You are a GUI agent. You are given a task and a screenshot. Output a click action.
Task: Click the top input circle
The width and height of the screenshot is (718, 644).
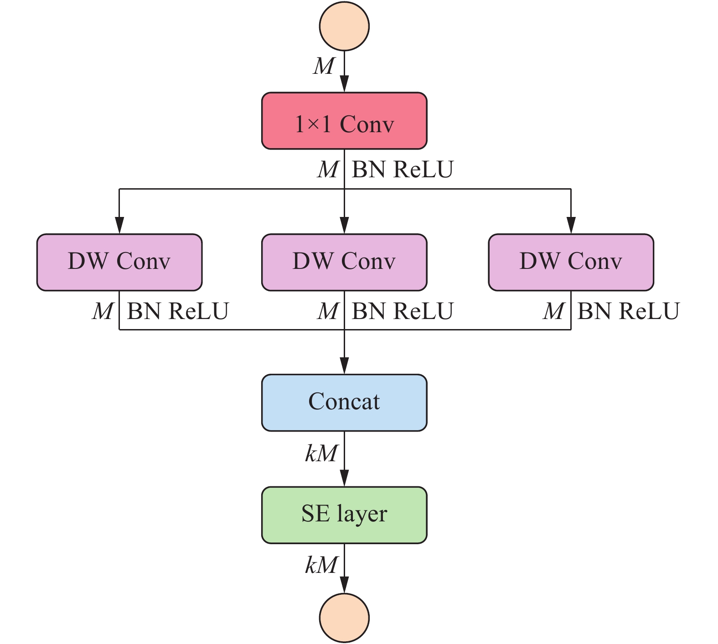[344, 26]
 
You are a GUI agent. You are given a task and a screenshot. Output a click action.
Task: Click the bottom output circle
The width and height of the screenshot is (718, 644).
[344, 618]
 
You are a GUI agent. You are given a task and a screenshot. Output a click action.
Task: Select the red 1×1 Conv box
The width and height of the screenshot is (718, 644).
[344, 121]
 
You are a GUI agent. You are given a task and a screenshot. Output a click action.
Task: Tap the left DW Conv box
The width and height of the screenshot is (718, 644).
[119, 263]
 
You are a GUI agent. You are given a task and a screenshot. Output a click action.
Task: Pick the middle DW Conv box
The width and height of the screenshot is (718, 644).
[344, 263]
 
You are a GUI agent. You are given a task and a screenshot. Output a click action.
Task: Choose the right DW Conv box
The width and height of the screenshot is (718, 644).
[571, 263]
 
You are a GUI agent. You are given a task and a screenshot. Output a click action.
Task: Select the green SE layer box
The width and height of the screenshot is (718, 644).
[344, 515]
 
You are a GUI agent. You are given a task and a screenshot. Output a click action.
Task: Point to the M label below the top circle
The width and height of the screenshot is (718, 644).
[324, 66]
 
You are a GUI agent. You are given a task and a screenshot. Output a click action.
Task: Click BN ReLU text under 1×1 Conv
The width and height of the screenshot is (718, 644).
[403, 170]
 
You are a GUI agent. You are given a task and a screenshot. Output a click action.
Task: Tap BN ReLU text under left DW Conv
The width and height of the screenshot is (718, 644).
[178, 311]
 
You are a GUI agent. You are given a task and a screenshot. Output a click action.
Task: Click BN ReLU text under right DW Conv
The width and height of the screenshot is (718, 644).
[629, 311]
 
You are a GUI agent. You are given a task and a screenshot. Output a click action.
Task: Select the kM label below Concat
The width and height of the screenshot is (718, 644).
[321, 453]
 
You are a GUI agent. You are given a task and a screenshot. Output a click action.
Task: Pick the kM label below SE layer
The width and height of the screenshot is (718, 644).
[321, 565]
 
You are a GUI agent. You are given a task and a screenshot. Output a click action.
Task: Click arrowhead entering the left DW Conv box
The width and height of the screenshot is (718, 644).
[119, 226]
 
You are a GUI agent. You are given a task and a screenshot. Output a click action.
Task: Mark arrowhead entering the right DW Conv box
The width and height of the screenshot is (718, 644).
[571, 226]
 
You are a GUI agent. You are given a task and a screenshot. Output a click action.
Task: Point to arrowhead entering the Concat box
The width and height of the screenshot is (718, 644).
[344, 366]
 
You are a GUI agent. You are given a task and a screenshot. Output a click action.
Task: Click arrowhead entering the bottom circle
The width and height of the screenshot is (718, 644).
[344, 585]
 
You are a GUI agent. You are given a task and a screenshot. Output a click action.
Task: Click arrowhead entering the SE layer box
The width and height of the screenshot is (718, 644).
[344, 479]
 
